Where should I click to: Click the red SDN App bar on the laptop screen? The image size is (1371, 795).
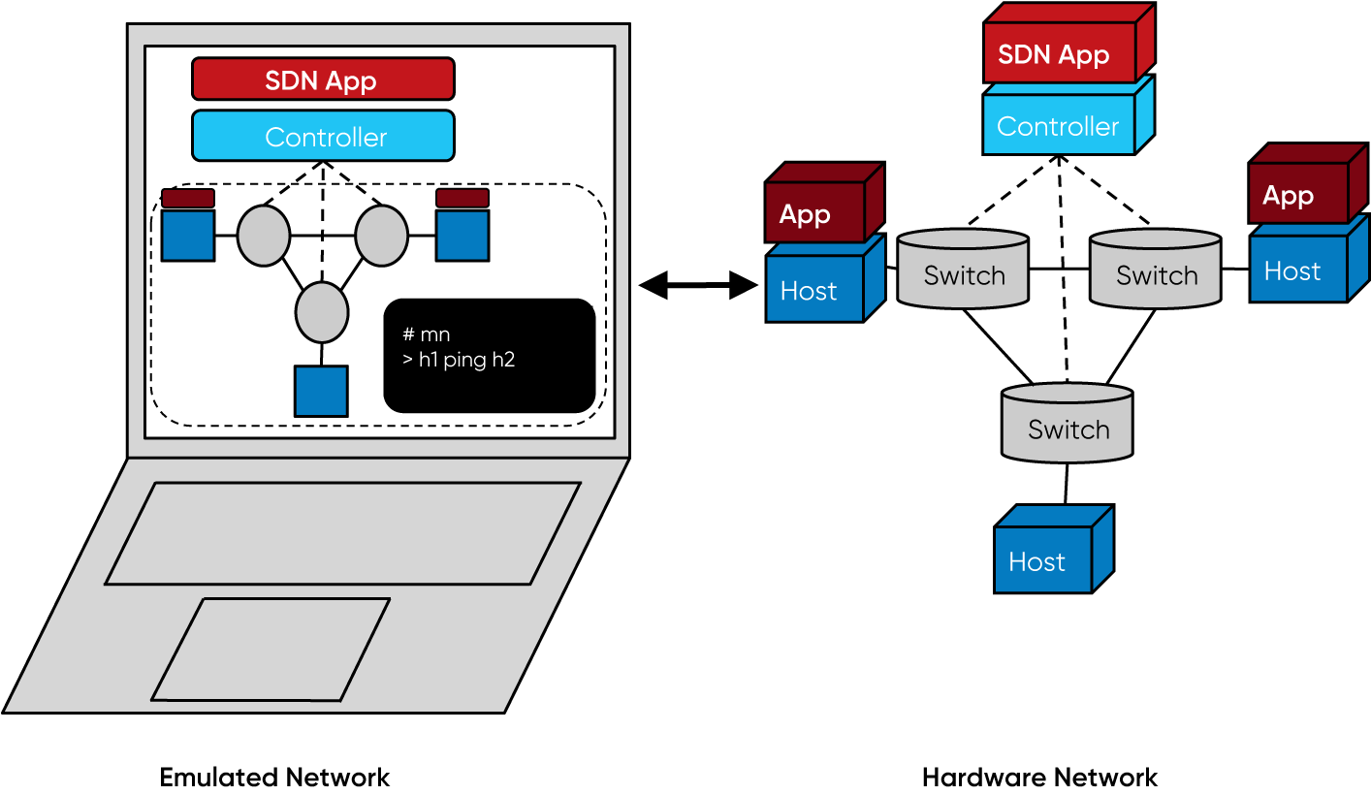(x=322, y=79)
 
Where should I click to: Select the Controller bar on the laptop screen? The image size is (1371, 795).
(x=322, y=136)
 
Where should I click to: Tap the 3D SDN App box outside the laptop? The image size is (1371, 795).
(x=1059, y=54)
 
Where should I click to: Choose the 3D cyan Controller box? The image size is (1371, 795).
(x=1059, y=126)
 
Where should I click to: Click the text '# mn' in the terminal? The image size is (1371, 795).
(x=426, y=334)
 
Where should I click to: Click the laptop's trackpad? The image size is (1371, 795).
(x=271, y=649)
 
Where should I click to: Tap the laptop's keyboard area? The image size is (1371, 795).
(x=342, y=533)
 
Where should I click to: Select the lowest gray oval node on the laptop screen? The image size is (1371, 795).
(x=321, y=312)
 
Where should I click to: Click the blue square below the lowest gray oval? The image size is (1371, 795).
(x=321, y=391)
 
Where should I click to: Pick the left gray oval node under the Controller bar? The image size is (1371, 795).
(x=264, y=236)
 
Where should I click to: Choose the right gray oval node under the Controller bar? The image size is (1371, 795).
(x=381, y=236)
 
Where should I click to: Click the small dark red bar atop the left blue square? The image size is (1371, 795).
(x=187, y=198)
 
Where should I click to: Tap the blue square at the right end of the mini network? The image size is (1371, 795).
(x=462, y=236)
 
